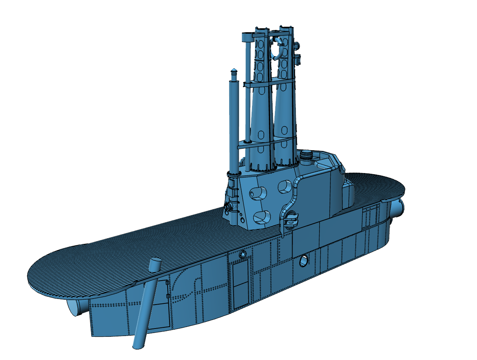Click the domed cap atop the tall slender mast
pos(234,71)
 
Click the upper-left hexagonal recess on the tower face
pos(258,192)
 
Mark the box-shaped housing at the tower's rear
pos(348,194)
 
